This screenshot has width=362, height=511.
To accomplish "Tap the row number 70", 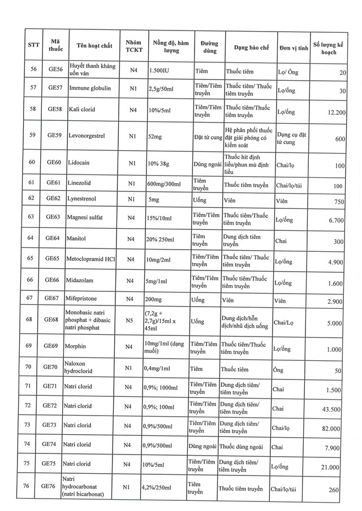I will click(x=33, y=369).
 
